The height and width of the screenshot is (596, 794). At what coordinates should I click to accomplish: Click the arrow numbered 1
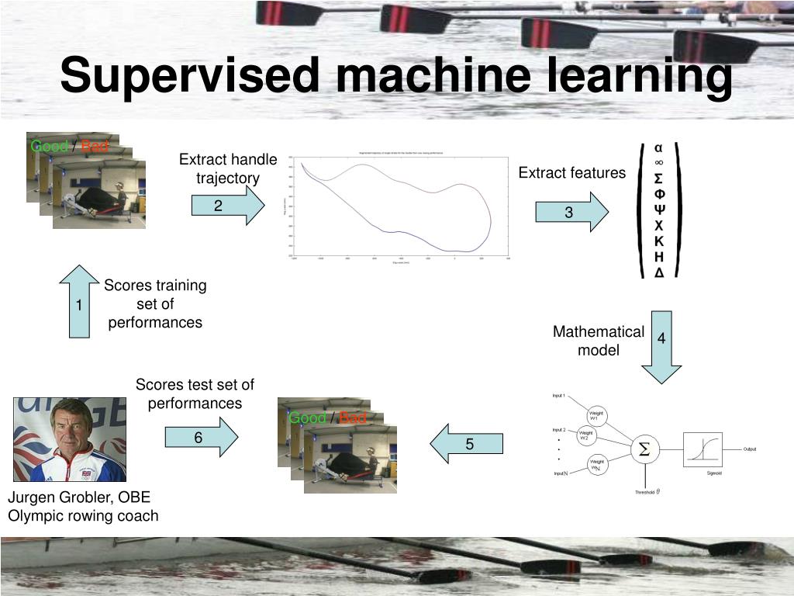tap(79, 304)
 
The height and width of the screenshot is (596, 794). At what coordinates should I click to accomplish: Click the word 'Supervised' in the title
tap(189, 76)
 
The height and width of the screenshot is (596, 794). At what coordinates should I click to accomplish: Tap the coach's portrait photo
tap(70, 439)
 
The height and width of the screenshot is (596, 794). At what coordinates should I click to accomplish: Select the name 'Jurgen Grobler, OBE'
tap(79, 497)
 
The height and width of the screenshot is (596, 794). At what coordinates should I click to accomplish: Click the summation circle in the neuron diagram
tap(644, 449)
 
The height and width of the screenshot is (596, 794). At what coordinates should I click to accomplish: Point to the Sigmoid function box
tap(703, 449)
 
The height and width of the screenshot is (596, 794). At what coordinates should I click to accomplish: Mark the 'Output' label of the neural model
tap(750, 449)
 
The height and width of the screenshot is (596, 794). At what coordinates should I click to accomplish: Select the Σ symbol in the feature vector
tap(659, 178)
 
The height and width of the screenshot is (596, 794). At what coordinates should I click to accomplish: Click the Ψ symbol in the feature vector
tap(659, 210)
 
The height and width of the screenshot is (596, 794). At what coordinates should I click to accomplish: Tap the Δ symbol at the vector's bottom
tap(659, 272)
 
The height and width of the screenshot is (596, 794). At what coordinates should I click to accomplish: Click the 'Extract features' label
tap(572, 173)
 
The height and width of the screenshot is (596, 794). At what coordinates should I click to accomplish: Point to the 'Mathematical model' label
tap(599, 341)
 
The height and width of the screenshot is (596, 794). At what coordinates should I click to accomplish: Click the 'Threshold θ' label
tap(647, 492)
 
